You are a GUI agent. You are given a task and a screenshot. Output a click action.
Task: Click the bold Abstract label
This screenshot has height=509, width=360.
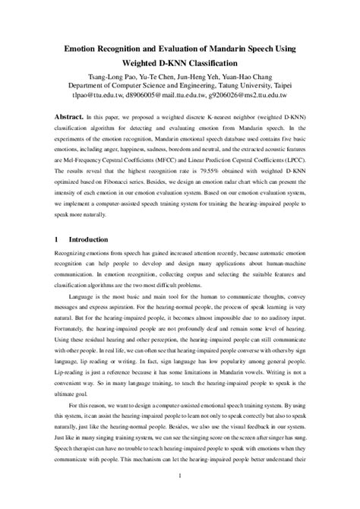[x=79, y=119]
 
